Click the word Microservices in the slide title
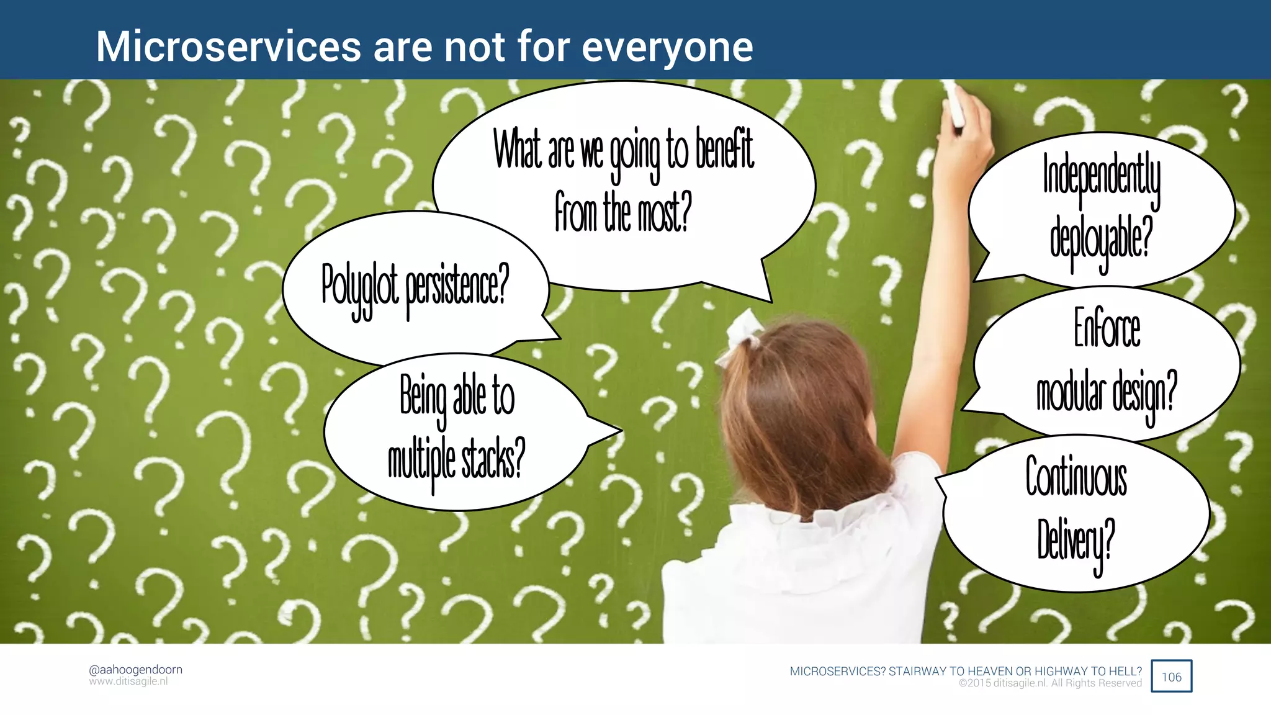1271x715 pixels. click(x=228, y=47)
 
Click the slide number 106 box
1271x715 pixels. click(x=1171, y=677)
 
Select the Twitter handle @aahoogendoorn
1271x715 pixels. click(x=135, y=669)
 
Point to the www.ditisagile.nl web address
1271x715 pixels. click(x=128, y=681)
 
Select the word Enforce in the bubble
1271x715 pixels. click(x=1107, y=328)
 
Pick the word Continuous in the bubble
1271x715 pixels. click(x=1076, y=477)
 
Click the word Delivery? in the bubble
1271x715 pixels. click(x=1076, y=540)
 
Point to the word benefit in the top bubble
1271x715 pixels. click(x=724, y=150)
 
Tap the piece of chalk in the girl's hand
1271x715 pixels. click(x=954, y=104)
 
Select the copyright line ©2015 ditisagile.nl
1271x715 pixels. click(x=1050, y=683)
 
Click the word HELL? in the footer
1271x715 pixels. click(x=1125, y=671)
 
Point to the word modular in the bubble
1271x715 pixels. click(x=1071, y=392)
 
